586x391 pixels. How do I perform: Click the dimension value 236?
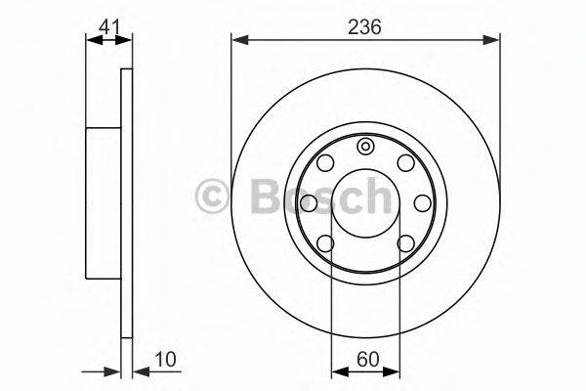(364, 27)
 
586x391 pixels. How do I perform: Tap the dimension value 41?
(109, 27)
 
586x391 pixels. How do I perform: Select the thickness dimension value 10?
(165, 359)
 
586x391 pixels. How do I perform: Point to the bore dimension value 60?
(368, 359)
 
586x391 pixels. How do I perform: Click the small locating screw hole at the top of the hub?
(364, 147)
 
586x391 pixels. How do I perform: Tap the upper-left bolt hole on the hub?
(325, 163)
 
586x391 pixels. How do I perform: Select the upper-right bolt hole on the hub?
(406, 163)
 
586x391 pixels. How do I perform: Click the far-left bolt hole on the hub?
(309, 203)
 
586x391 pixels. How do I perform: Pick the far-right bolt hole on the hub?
(423, 203)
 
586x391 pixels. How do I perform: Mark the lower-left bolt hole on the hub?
(325, 243)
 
